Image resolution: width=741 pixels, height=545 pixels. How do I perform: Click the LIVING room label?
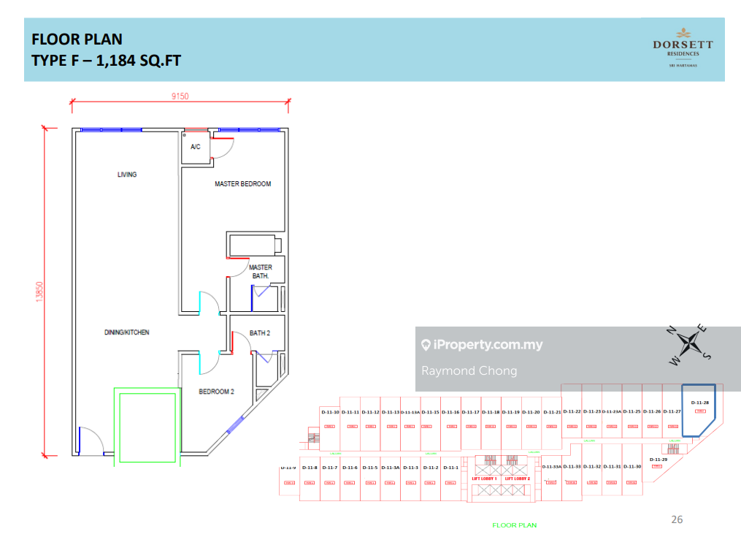(x=127, y=175)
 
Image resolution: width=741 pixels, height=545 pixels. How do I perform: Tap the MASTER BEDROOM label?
(x=242, y=184)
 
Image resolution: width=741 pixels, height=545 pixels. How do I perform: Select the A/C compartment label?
(x=195, y=147)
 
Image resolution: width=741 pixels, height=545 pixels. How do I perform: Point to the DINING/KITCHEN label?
(x=126, y=332)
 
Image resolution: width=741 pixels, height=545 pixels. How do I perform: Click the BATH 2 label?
(x=260, y=333)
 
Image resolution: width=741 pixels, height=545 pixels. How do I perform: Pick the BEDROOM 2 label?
(x=216, y=392)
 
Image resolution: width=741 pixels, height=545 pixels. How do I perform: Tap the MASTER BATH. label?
(x=261, y=272)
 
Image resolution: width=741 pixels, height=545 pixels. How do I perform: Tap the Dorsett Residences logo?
(x=683, y=48)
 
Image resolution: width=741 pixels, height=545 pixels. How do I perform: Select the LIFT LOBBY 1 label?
(x=484, y=479)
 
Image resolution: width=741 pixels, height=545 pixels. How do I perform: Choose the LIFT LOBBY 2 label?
(x=517, y=479)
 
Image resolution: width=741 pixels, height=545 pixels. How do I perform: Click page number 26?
(x=677, y=519)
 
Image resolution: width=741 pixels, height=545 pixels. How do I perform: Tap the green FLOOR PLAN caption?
(x=514, y=525)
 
